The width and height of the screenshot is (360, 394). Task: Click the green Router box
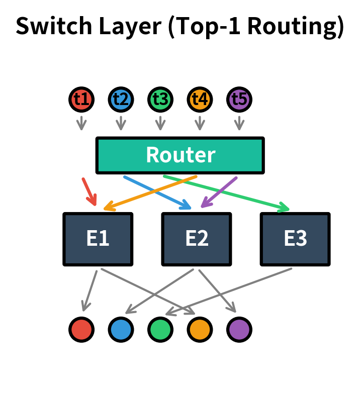click(180, 155)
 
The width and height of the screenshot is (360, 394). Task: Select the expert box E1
click(98, 239)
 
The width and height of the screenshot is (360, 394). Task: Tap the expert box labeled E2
click(197, 239)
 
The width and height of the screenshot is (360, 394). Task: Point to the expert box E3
click(295, 239)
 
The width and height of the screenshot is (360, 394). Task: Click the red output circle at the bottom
click(81, 330)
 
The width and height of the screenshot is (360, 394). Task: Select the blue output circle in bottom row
click(121, 330)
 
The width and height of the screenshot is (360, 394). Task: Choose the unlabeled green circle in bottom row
click(160, 330)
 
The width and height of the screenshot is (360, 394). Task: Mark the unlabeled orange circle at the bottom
click(200, 330)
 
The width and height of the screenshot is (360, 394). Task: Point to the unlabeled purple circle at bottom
click(239, 330)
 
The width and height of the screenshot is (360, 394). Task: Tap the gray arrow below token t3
click(160, 123)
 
